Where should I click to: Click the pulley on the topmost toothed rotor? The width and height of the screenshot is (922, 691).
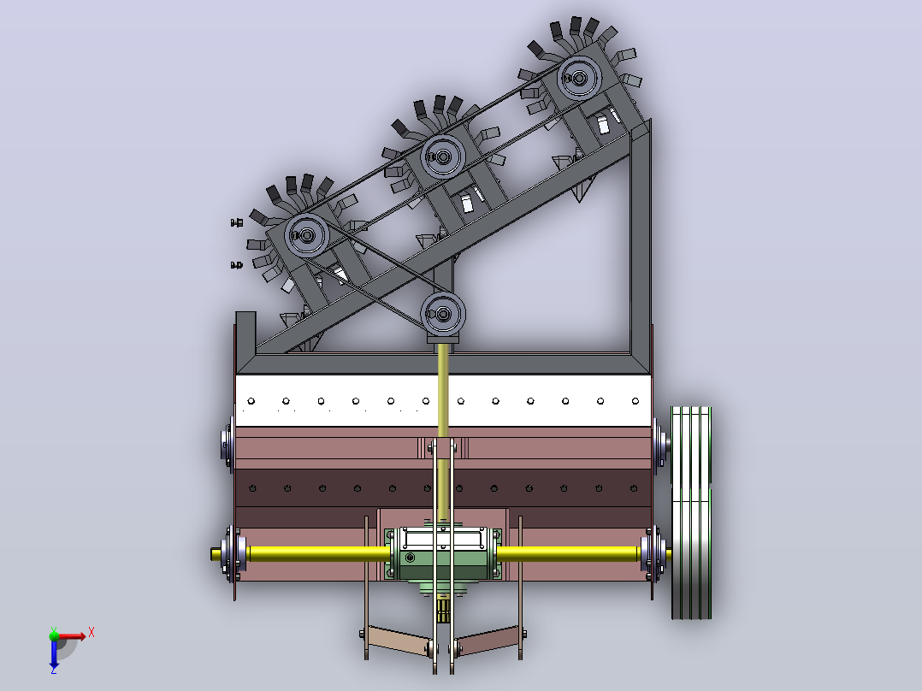[x=579, y=78]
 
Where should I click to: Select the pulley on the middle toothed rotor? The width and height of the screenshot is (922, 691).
[x=443, y=157]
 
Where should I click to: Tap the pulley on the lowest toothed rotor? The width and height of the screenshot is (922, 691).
[x=306, y=235]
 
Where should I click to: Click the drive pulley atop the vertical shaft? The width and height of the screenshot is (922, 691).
[x=443, y=314]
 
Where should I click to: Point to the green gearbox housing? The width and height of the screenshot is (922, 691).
[x=443, y=554]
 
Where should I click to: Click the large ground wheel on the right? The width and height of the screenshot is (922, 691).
[x=691, y=512]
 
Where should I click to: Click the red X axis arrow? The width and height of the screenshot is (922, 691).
[x=72, y=635]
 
